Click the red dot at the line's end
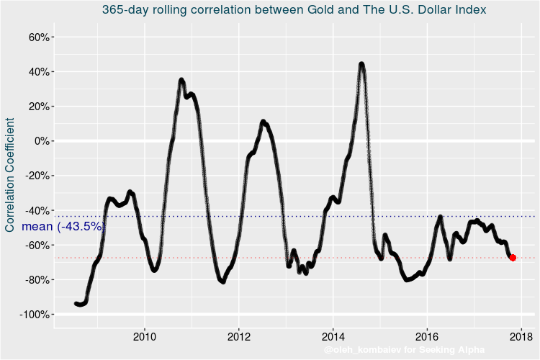[513, 257]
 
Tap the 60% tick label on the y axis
[37, 37]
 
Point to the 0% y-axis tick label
[40, 141]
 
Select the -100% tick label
[32, 315]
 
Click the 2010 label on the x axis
[145, 336]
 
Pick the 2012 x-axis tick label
[239, 336]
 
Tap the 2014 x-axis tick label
[333, 336]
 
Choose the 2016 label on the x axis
[427, 336]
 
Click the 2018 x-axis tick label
[521, 336]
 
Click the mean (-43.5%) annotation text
[63, 226]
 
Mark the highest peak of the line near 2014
[361, 64]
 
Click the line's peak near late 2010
[181, 80]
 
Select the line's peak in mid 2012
[263, 122]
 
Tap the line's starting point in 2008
[76, 304]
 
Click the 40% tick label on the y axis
[37, 71]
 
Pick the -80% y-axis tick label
[35, 280]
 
